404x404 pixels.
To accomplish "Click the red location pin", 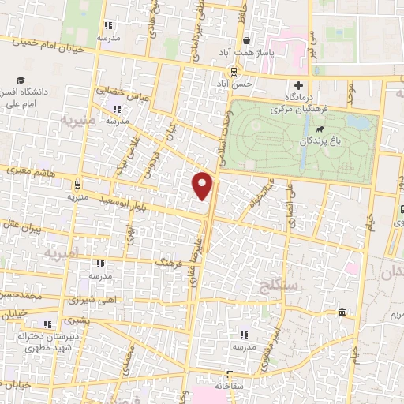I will pyautogui.click(x=204, y=185).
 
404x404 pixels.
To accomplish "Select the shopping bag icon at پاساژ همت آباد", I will pyautogui.click(x=247, y=42).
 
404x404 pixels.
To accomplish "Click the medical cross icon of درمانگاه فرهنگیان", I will pyautogui.click(x=297, y=85).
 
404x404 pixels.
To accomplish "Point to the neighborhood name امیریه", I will pyautogui.click(x=62, y=255).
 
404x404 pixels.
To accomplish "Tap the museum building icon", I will pyautogui.click(x=341, y=313).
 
